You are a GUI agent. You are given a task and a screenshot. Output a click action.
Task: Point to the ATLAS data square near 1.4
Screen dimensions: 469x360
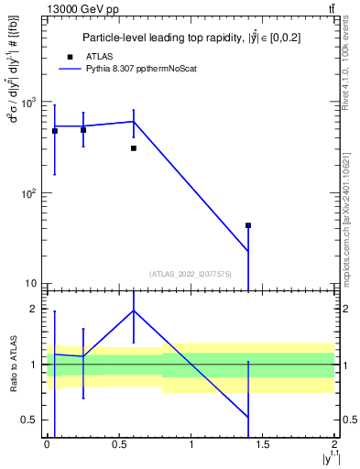click(x=248, y=225)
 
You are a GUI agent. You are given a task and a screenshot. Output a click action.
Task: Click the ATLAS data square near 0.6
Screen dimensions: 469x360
click(x=134, y=147)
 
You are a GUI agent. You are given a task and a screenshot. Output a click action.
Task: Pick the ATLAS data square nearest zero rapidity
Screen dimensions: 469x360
click(x=55, y=131)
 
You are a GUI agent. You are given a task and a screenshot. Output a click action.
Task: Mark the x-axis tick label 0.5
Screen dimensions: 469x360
click(x=119, y=444)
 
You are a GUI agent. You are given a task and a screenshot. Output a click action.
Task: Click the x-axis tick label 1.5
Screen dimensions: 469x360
click(x=263, y=444)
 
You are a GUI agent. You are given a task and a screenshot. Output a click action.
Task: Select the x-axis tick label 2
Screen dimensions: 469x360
click(x=334, y=444)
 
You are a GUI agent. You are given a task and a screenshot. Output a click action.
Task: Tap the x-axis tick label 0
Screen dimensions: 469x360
click(x=48, y=444)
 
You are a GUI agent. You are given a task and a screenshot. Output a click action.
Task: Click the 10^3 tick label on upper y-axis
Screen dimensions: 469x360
click(x=29, y=103)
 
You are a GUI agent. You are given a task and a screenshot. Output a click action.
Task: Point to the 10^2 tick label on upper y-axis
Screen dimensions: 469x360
click(x=29, y=193)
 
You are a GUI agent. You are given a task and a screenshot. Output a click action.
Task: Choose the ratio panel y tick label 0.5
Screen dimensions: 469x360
click(x=31, y=420)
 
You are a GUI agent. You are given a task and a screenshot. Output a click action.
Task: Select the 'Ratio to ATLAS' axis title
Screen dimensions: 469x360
click(x=12, y=364)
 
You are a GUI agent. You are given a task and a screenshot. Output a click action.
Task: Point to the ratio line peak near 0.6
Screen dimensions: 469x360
click(x=134, y=311)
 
